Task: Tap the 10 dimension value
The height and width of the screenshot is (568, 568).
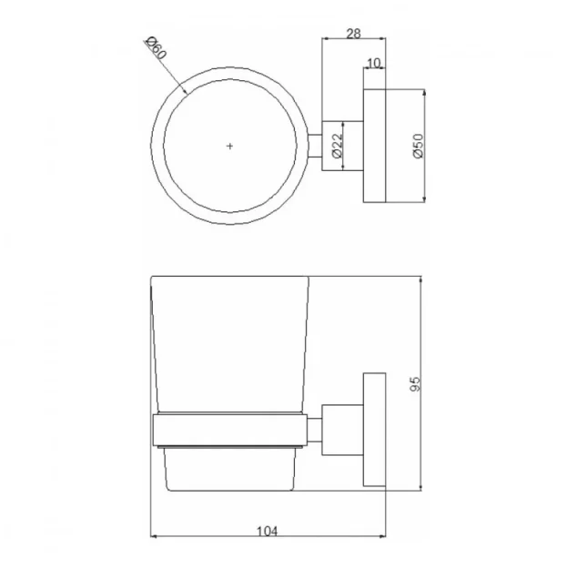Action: click(373, 63)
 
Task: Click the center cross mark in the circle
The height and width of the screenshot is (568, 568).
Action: click(230, 146)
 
